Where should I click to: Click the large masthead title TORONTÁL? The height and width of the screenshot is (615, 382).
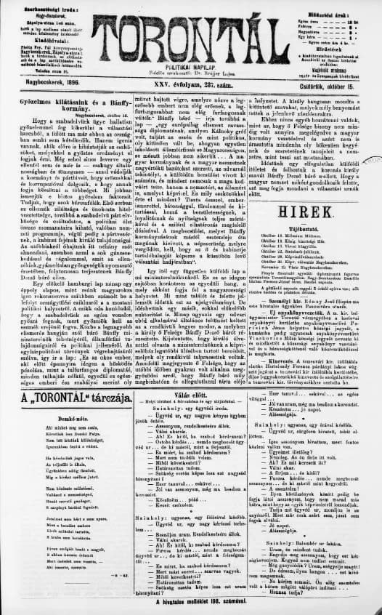(191, 33)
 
